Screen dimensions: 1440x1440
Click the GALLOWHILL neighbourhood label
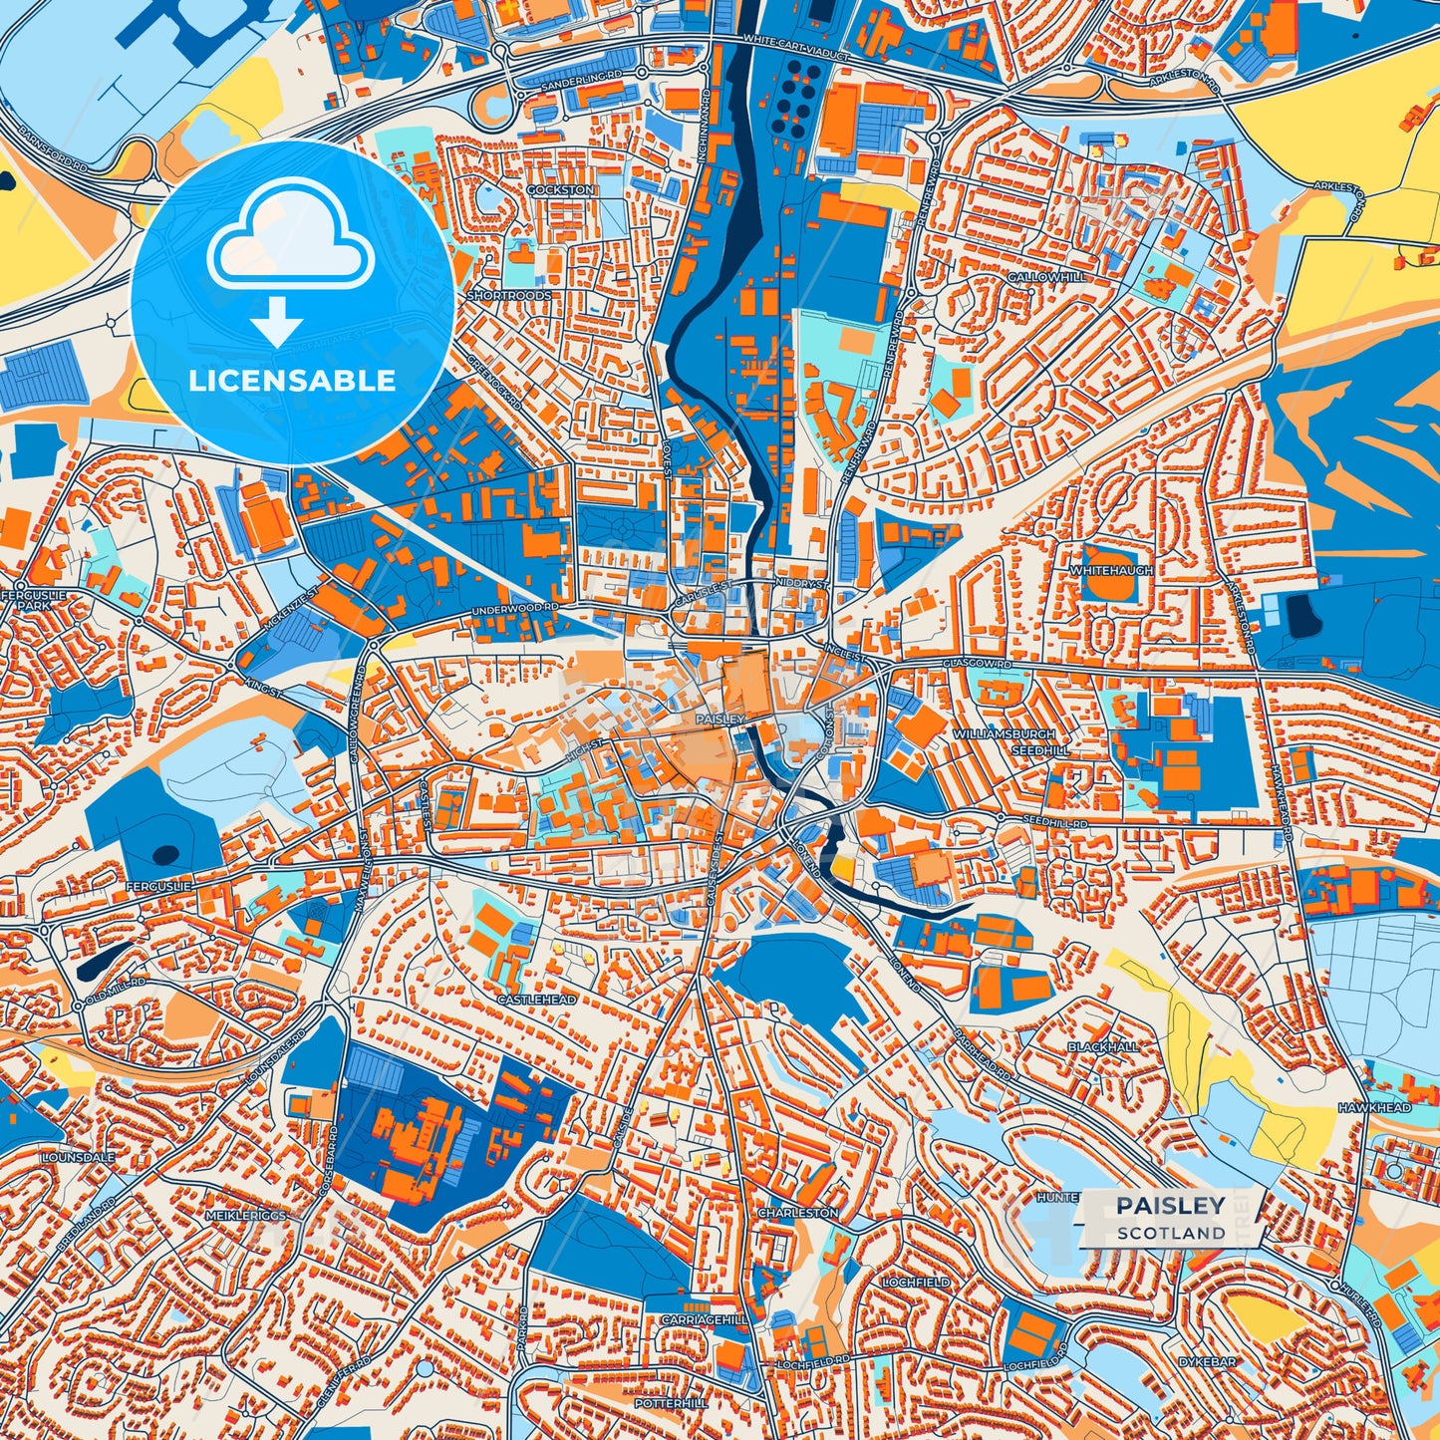pyautogui.click(x=1045, y=276)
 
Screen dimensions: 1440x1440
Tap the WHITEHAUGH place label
pyautogui.click(x=1111, y=571)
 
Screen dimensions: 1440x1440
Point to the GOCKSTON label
pyautogui.click(x=561, y=189)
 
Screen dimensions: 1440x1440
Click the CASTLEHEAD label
pyautogui.click(x=537, y=1000)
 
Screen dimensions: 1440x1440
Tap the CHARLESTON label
pyautogui.click(x=798, y=1213)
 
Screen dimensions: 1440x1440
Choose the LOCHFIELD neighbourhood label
pyautogui.click(x=916, y=1283)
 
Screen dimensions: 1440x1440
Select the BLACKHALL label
pyautogui.click(x=1103, y=1047)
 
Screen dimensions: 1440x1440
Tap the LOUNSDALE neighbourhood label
pyautogui.click(x=79, y=1159)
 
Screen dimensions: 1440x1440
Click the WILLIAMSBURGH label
pyautogui.click(x=1003, y=733)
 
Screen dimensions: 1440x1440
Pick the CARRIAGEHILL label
pyautogui.click(x=705, y=1319)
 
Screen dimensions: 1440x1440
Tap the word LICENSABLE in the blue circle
pyautogui.click(x=292, y=380)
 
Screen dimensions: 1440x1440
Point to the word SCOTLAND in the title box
pyautogui.click(x=1171, y=1233)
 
